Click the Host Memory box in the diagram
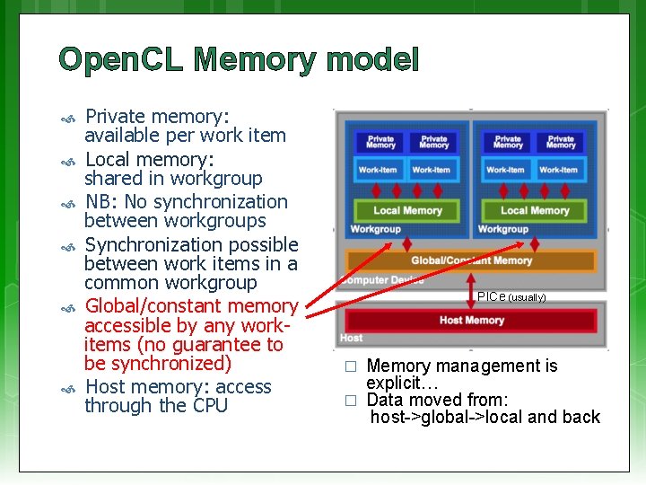coord(471,321)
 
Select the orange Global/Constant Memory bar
coord(471,260)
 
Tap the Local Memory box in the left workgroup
coord(407,210)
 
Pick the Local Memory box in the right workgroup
coord(535,210)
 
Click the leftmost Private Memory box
coord(380,142)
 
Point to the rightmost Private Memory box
coord(561,142)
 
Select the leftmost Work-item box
coord(378,169)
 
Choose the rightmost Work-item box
coord(558,169)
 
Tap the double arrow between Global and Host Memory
coord(470,289)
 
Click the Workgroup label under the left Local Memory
coord(375,229)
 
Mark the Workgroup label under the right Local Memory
coord(502,229)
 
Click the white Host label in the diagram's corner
coord(352,338)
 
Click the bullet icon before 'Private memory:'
coord(66,118)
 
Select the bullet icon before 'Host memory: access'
coord(66,388)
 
